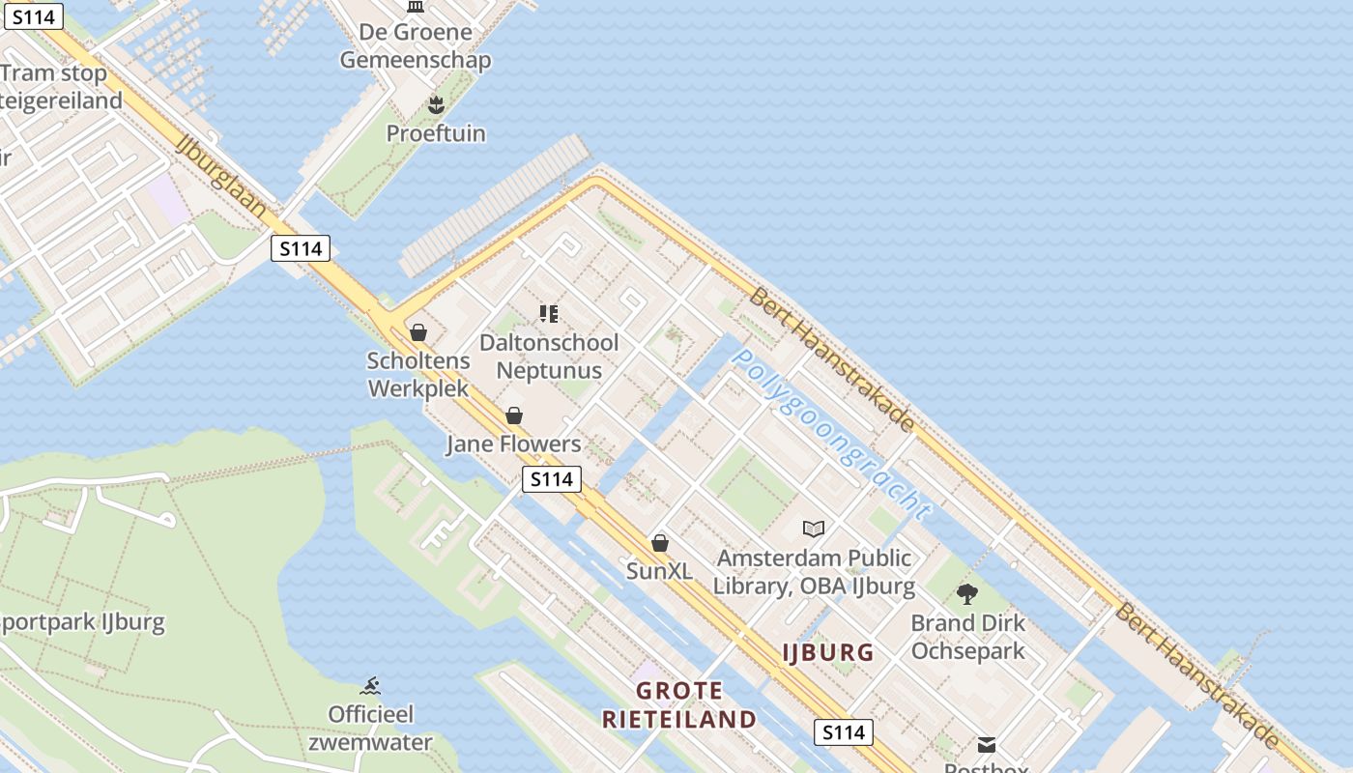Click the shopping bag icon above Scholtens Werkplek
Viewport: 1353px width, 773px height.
click(x=418, y=332)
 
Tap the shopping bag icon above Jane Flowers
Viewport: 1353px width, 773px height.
click(x=514, y=415)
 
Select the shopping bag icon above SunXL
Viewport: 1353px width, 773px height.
click(x=660, y=543)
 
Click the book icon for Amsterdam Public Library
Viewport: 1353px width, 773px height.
click(x=814, y=529)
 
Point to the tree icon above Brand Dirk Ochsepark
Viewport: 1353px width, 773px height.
click(x=967, y=594)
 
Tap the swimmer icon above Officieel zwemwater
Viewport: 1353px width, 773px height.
click(x=370, y=687)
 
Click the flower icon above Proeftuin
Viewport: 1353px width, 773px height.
click(x=436, y=104)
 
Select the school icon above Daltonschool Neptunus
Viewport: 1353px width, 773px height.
click(x=549, y=313)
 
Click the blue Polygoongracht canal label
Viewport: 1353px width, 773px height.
click(x=831, y=434)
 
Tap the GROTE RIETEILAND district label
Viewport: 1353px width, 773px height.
click(x=679, y=704)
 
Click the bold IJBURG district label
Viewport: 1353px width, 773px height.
click(x=828, y=652)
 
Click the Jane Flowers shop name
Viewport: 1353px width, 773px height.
click(x=513, y=444)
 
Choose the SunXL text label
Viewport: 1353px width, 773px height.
click(x=659, y=571)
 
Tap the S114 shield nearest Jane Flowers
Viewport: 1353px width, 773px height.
click(x=552, y=478)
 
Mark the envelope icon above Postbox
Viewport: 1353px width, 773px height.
click(x=986, y=744)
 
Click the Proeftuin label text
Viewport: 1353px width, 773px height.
click(x=436, y=133)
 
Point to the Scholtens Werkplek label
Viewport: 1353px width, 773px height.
click(x=418, y=375)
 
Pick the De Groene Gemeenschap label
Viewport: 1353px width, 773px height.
click(x=416, y=45)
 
